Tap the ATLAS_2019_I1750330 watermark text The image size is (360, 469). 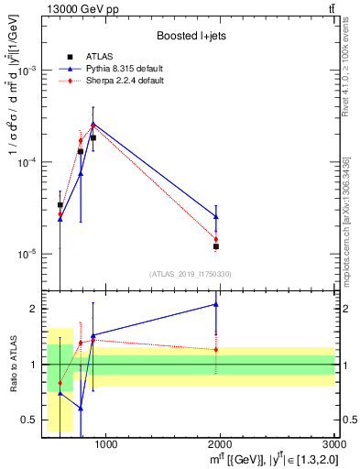191,274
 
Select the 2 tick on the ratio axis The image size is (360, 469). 33,309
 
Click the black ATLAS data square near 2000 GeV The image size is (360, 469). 216,246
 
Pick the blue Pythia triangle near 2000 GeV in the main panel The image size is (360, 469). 216,217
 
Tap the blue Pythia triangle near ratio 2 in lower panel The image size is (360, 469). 216,304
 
